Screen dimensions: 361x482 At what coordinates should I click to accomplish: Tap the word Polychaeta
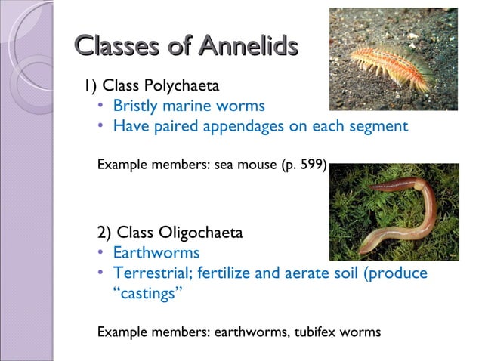coord(183,84)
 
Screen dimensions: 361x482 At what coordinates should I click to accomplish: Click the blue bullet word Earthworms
coord(156,252)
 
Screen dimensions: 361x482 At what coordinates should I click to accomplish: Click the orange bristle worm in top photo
coord(394,60)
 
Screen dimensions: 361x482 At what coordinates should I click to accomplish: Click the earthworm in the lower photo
coord(400,219)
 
